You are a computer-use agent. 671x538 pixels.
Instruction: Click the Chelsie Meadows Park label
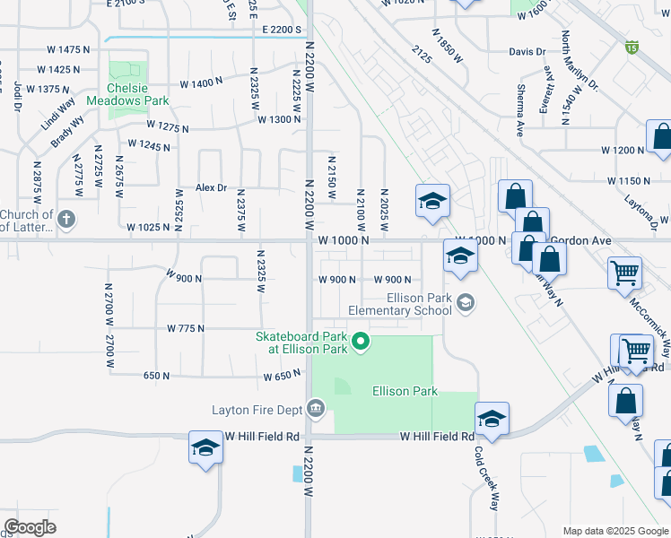[126, 94]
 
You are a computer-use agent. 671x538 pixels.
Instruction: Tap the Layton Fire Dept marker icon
[315, 410]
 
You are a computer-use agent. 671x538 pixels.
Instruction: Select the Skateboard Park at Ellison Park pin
[361, 341]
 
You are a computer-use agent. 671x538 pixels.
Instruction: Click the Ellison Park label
[405, 391]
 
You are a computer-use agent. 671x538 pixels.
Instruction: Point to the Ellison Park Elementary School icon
[465, 304]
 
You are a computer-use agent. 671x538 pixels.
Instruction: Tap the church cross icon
[66, 218]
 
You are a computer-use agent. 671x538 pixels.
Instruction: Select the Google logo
[30, 527]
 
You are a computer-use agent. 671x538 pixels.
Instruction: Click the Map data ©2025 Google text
[614, 531]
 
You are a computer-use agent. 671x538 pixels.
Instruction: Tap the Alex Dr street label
[212, 187]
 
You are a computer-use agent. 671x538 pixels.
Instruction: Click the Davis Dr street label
[527, 52]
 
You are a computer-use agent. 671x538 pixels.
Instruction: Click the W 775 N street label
[186, 329]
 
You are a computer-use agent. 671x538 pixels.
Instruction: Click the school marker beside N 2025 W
[431, 201]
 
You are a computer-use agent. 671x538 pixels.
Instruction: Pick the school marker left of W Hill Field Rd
[205, 447]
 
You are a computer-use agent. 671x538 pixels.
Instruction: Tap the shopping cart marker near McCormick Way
[624, 273]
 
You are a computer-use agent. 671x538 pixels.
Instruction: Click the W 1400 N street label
[201, 84]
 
